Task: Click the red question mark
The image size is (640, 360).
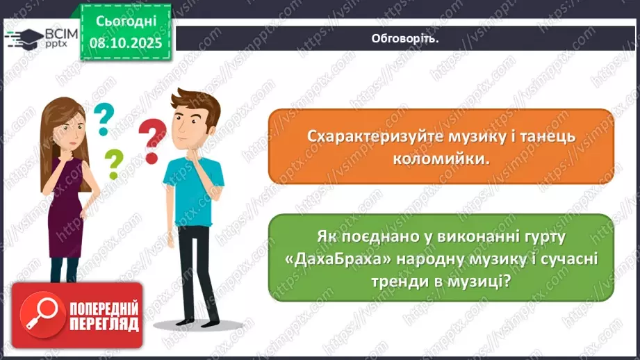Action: tap(152, 139)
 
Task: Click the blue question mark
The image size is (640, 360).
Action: tap(103, 118)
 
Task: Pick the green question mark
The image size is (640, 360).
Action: tap(113, 165)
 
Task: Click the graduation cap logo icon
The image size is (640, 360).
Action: tap(22, 38)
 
